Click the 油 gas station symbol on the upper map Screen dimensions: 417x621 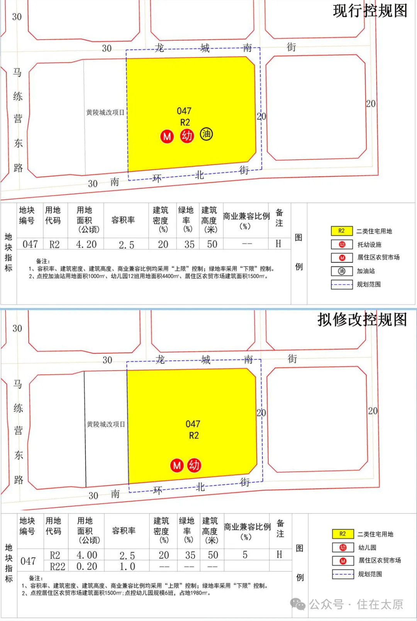pyautogui.click(x=206, y=134)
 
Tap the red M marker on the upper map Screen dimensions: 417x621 pyautogui.click(x=167, y=136)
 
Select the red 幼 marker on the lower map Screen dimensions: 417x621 pyautogui.click(x=194, y=465)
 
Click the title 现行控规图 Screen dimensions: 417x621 pyautogui.click(x=370, y=11)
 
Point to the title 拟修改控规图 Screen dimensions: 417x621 pyautogui.click(x=362, y=320)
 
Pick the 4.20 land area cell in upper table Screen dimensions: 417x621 pyautogui.click(x=86, y=244)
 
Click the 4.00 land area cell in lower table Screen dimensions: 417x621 pyautogui.click(x=87, y=555)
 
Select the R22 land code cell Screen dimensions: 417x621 pyautogui.click(x=58, y=566)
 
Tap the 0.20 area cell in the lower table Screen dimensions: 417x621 pyautogui.click(x=87, y=566)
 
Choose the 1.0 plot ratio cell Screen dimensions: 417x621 pyautogui.click(x=127, y=566)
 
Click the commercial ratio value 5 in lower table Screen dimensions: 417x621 pyautogui.click(x=245, y=555)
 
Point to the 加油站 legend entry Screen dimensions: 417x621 pyautogui.click(x=365, y=271)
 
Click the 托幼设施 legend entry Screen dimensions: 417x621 pyautogui.click(x=369, y=244)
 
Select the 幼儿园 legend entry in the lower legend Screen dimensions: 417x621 pyautogui.click(x=367, y=547)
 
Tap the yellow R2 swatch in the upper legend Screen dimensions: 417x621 pyautogui.click(x=342, y=231)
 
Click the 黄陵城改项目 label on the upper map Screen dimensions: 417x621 pyautogui.click(x=105, y=112)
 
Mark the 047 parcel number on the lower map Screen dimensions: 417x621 pyautogui.click(x=193, y=424)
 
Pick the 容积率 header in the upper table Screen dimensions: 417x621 pyautogui.click(x=123, y=220)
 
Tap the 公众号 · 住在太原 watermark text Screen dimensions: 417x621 pyautogui.click(x=356, y=604)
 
